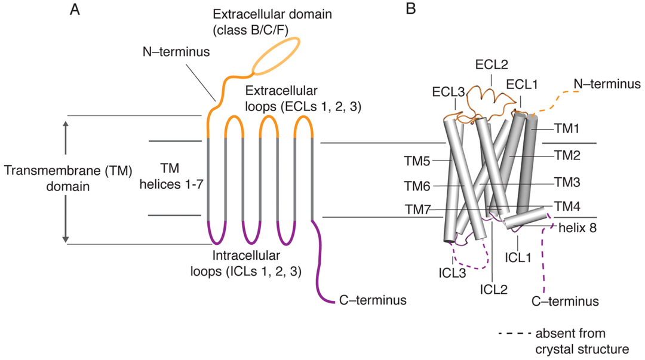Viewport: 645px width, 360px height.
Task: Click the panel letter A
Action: (x=75, y=10)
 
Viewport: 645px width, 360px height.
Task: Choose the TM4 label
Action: (x=568, y=207)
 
